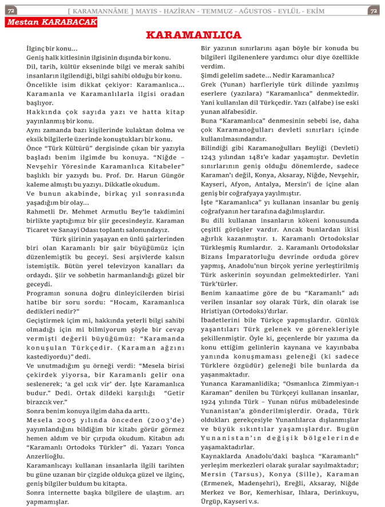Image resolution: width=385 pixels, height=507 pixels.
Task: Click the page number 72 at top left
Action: coord(11,11)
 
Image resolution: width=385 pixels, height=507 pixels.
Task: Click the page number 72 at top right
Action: coord(373,11)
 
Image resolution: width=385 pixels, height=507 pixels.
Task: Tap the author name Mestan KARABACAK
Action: coord(51,22)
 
